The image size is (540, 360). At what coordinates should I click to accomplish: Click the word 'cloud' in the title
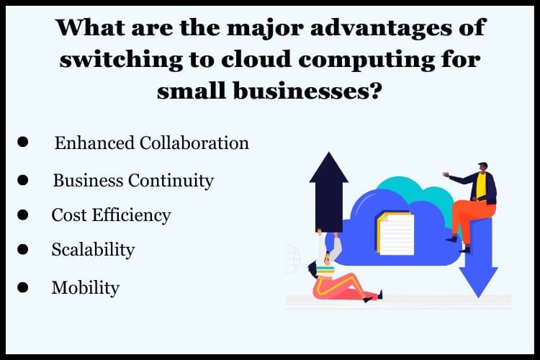[x=261, y=59]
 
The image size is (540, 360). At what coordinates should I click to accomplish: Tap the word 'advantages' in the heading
[x=381, y=27]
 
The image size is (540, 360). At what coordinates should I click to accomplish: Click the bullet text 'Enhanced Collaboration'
[x=151, y=143]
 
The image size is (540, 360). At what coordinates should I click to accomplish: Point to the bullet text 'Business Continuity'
[x=133, y=181]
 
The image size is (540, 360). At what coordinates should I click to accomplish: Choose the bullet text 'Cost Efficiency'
[x=111, y=215]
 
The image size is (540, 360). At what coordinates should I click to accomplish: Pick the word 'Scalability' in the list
[x=93, y=250]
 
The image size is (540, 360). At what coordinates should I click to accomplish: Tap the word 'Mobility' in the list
[x=86, y=288]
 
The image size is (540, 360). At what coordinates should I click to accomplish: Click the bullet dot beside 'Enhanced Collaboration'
[x=23, y=142]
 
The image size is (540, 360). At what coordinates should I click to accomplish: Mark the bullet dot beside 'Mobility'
[x=23, y=287]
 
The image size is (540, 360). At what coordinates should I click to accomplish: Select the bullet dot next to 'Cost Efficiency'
[x=23, y=215]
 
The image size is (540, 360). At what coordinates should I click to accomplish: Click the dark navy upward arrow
[x=329, y=192]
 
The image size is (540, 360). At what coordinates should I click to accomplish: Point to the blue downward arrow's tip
[x=478, y=297]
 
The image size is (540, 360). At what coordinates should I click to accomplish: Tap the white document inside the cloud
[x=395, y=233]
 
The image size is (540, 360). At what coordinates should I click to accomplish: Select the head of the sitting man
[x=483, y=168]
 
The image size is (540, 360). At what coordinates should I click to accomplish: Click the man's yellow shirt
[x=481, y=185]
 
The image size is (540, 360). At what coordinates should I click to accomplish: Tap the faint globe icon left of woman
[x=292, y=258]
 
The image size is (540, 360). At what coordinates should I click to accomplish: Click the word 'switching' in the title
[x=121, y=60]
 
